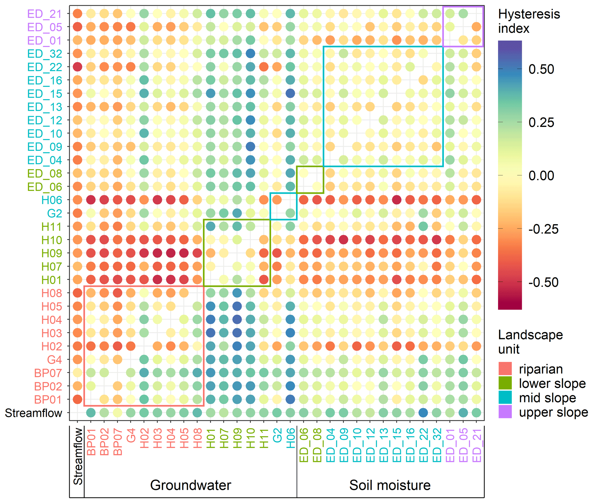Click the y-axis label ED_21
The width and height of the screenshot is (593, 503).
[44, 14]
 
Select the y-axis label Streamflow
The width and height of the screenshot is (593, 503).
[34, 413]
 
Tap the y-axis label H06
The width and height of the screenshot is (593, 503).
[52, 200]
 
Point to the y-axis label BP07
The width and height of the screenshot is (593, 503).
[48, 373]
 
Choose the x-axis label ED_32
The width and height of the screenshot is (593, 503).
[437, 445]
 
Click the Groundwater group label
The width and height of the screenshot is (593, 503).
[190, 485]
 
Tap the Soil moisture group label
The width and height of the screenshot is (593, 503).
[390, 485]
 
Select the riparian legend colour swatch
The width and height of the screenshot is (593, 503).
[505, 369]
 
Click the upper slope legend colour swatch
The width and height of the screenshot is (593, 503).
[505, 412]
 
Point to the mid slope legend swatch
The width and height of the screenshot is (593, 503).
[505, 398]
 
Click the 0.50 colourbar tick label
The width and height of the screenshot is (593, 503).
[541, 69]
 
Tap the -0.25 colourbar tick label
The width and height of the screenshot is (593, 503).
[543, 229]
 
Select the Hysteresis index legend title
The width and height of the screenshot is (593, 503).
[529, 21]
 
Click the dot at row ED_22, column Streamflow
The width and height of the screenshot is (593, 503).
[77, 67]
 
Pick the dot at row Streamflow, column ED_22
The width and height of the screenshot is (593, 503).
[423, 413]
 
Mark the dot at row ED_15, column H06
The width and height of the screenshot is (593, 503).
[290, 93]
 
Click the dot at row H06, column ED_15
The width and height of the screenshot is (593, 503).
[396, 200]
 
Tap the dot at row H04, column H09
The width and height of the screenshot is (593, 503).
[237, 320]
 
